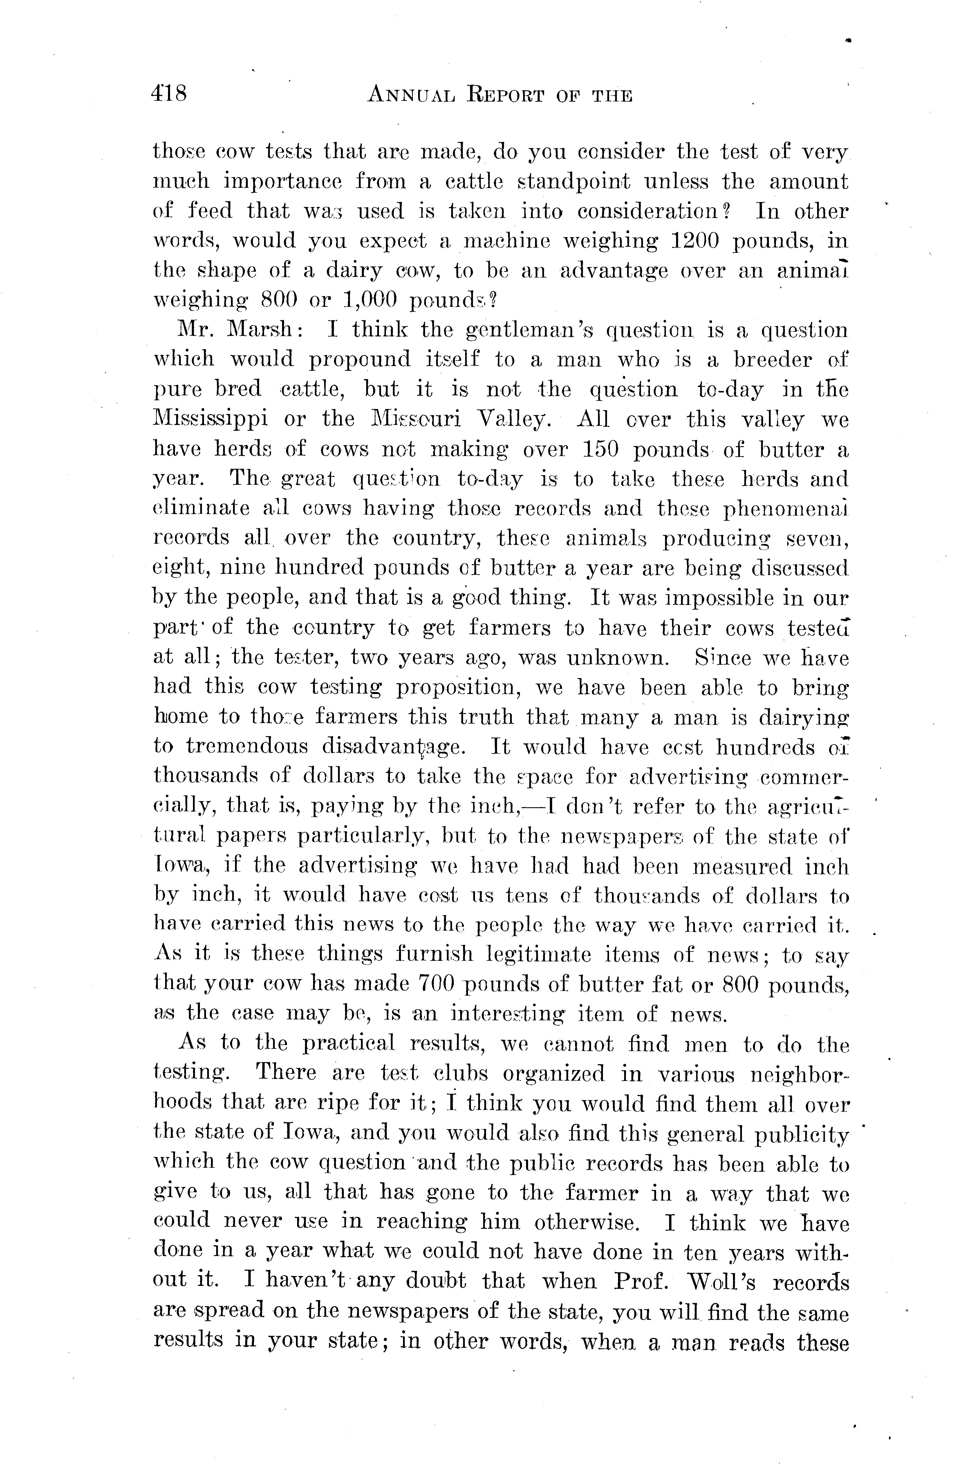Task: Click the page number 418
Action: pyautogui.click(x=168, y=95)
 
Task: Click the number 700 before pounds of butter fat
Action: pyautogui.click(x=437, y=985)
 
